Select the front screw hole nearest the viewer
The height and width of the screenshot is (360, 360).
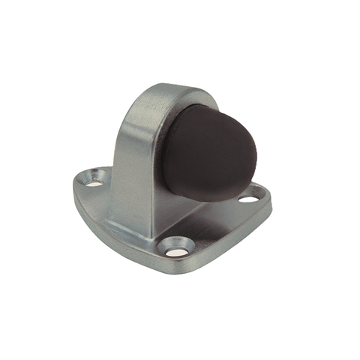click(175, 244)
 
